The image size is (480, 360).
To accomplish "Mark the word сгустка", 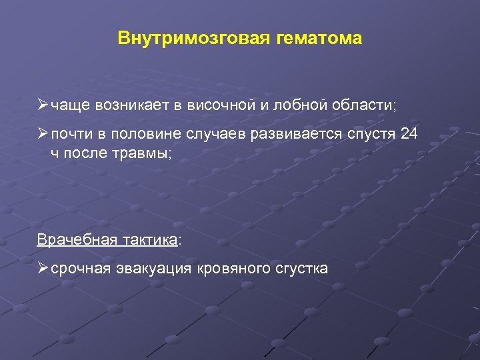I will click(301, 269).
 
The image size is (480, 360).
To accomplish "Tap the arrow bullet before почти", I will click(43, 134).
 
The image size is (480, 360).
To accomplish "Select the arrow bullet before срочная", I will click(43, 269).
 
